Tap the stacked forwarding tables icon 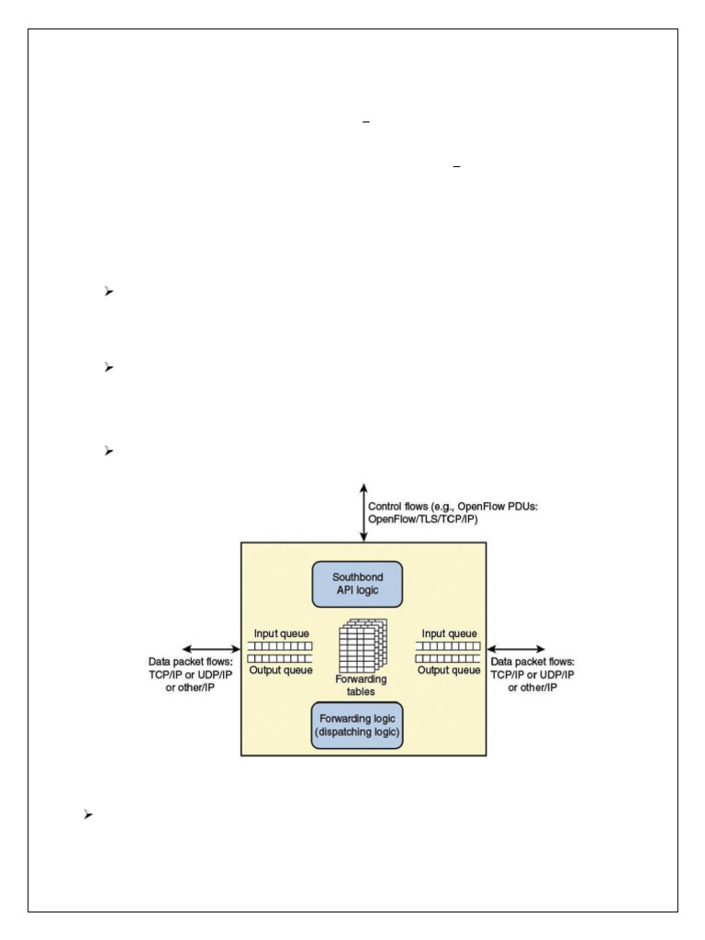(364, 647)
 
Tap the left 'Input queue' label (281, 632)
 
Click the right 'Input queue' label (449, 632)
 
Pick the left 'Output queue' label (281, 670)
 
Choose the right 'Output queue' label (449, 670)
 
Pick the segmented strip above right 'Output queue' (449, 658)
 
